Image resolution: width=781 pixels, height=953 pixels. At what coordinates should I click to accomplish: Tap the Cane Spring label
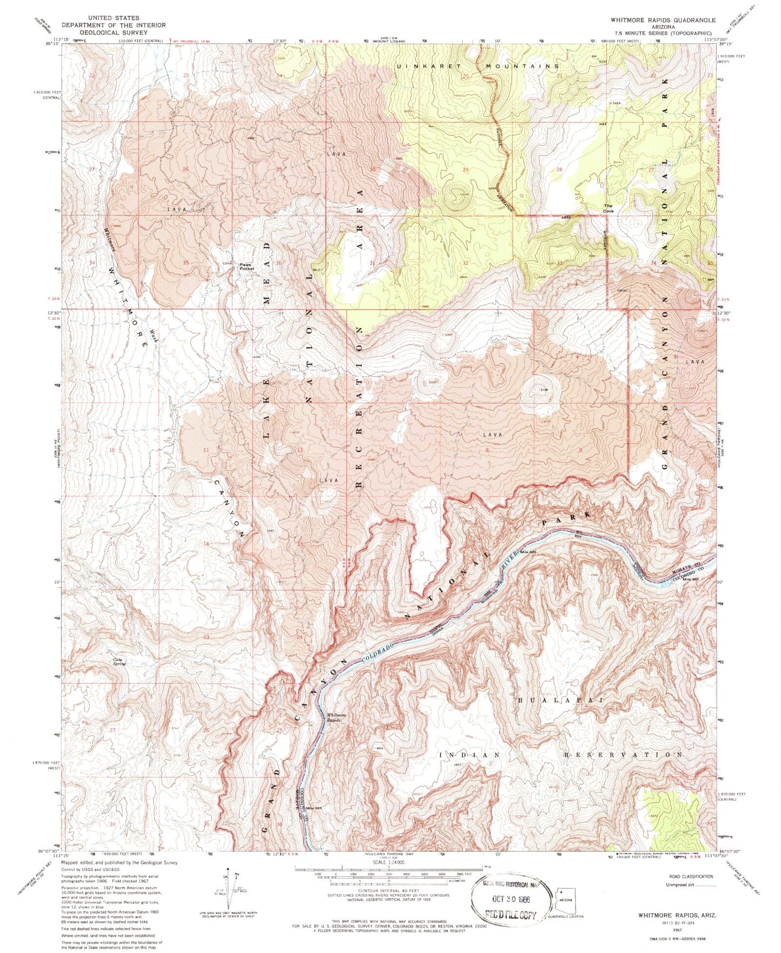[119, 661]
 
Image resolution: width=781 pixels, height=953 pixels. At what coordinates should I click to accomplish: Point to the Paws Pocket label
[247, 266]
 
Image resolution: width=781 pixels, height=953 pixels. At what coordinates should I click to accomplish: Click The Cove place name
[609, 208]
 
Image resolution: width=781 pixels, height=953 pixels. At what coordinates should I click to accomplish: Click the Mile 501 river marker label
[319, 808]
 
